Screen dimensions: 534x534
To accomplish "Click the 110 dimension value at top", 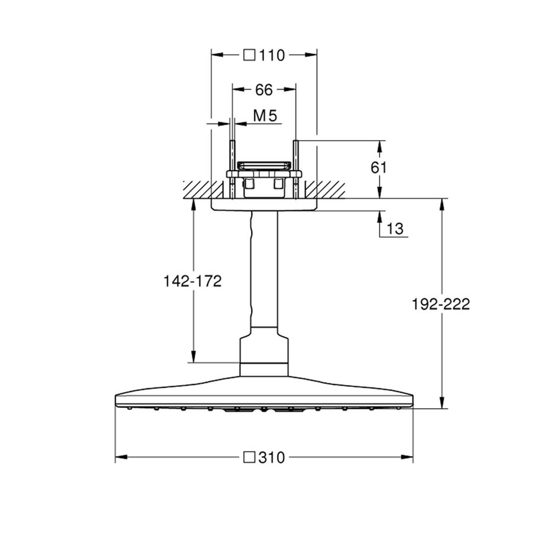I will (x=272, y=55).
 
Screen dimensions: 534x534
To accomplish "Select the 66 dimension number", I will (x=263, y=90).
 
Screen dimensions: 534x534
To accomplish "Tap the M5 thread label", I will (x=265, y=116).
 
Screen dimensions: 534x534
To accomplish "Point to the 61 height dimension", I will (x=379, y=168).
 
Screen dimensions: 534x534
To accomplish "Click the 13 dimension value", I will (x=395, y=228).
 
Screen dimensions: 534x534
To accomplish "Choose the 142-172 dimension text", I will (x=192, y=281).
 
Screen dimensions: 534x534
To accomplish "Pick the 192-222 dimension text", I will (x=441, y=304).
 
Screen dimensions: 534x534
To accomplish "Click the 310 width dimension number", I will (x=272, y=457).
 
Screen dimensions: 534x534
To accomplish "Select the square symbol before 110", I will (x=250, y=55).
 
